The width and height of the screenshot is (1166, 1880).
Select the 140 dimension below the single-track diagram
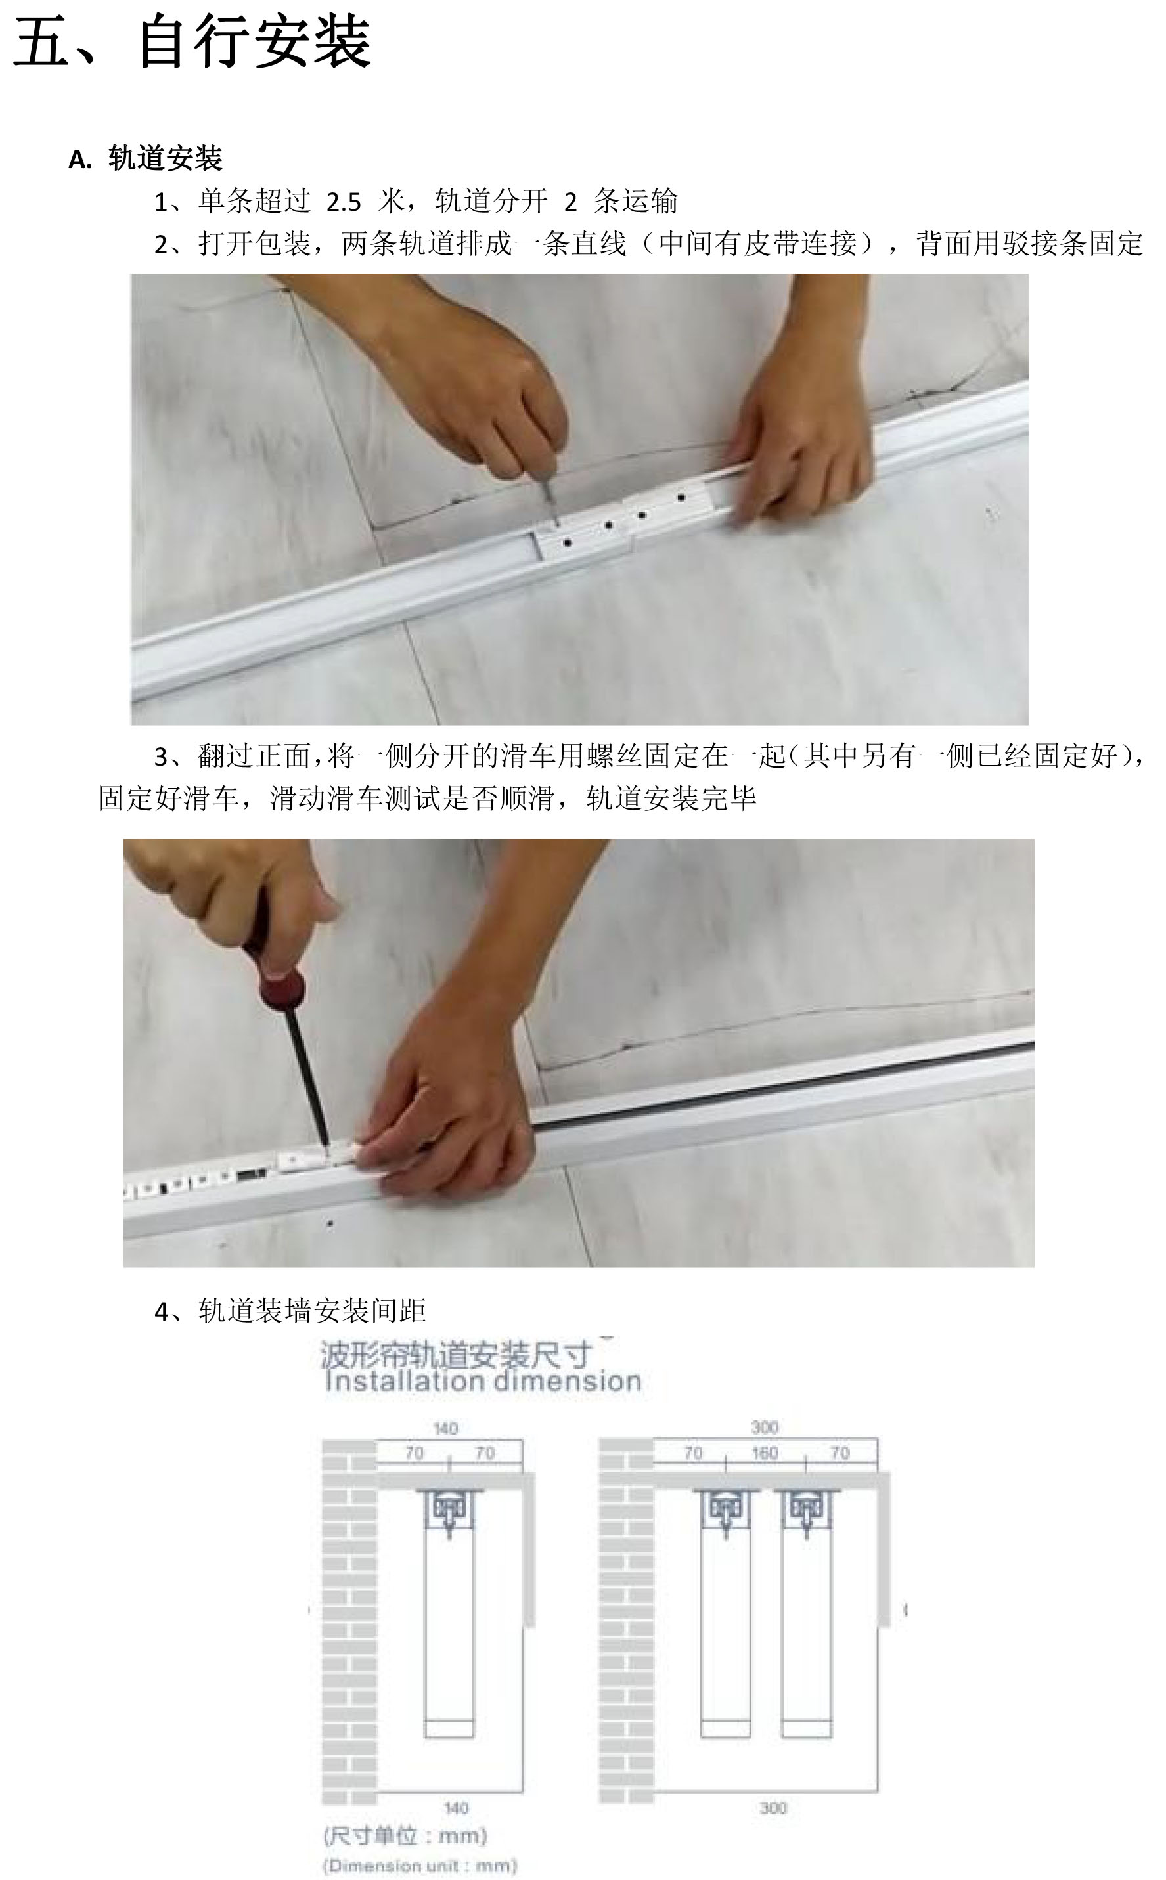coord(456,1808)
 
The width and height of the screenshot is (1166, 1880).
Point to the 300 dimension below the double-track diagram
coord(773,1808)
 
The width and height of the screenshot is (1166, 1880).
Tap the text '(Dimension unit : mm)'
coord(420,1866)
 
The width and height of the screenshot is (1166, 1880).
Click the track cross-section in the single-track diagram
coord(449,1512)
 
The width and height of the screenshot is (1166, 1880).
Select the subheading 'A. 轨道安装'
coord(146,159)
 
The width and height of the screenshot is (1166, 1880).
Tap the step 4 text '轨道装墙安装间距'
coord(312,1311)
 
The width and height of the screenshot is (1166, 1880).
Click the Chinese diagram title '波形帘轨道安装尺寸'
coord(457,1354)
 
